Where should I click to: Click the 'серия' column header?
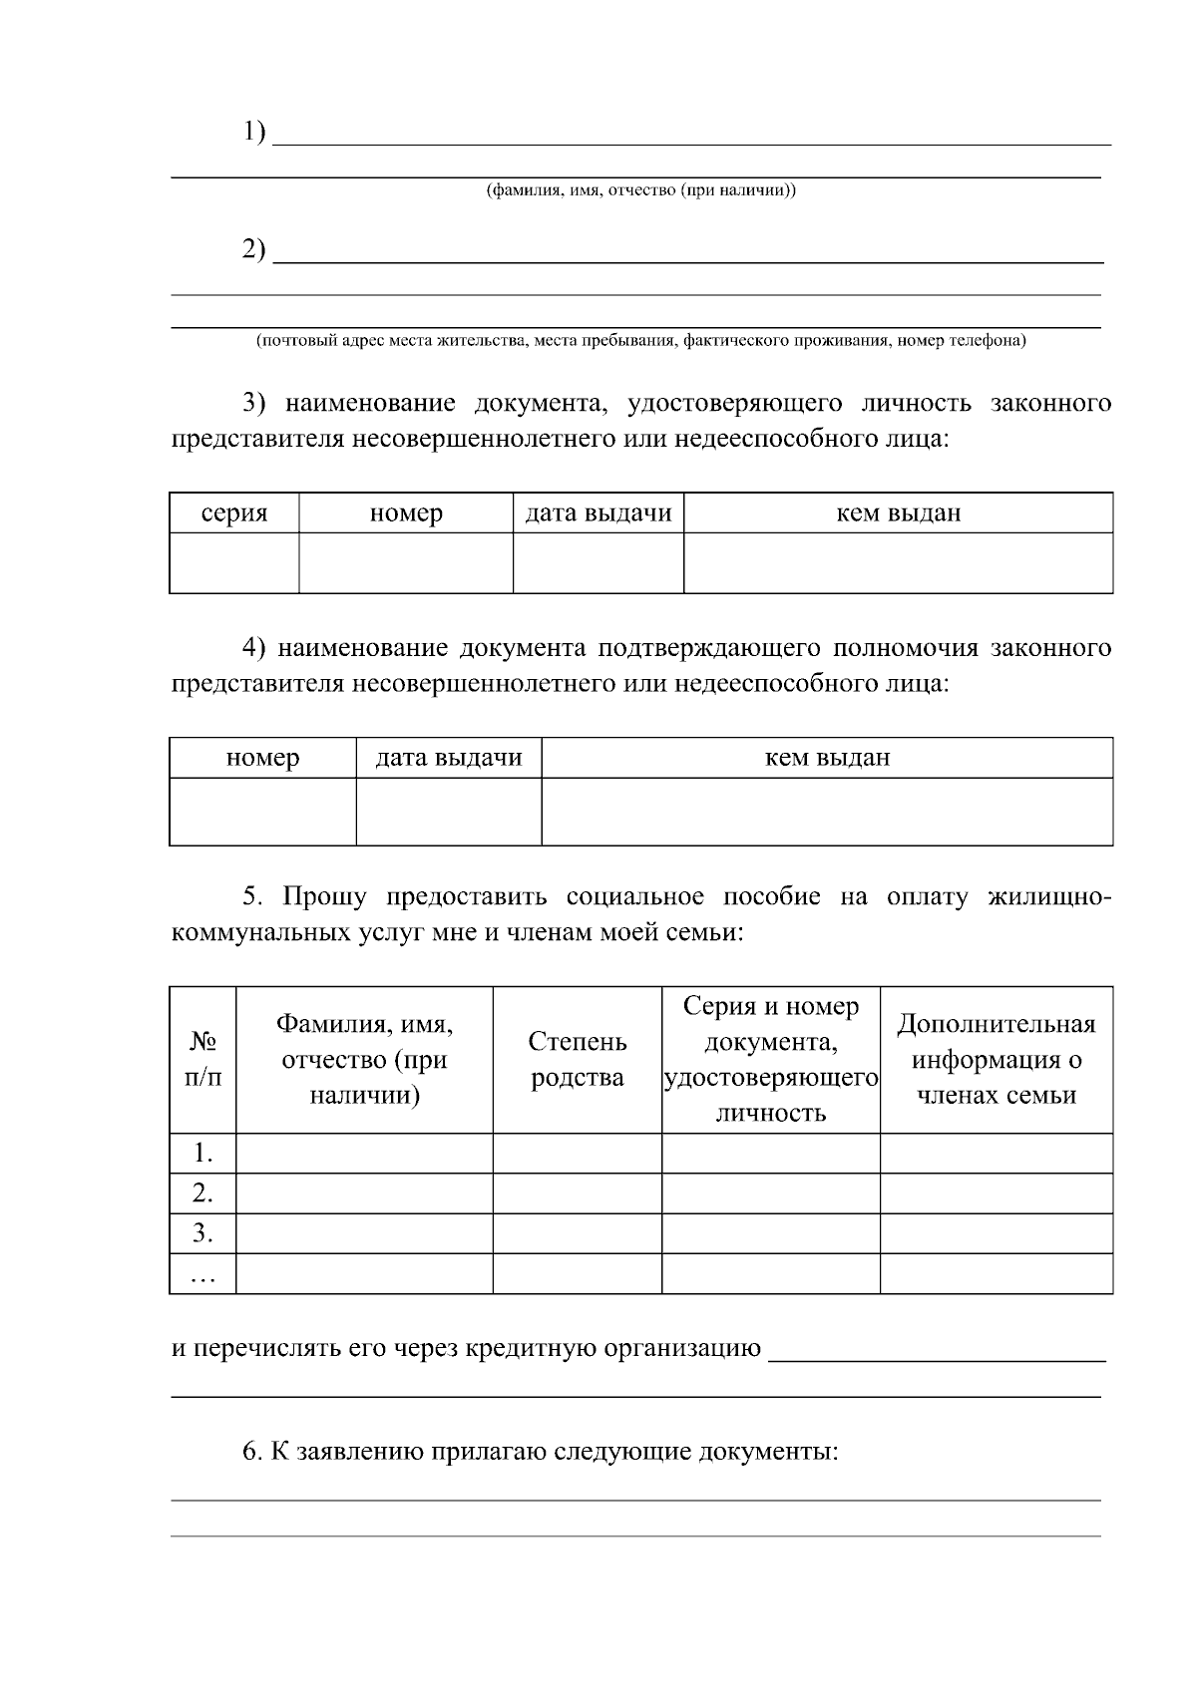point(234,513)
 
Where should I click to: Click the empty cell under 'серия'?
point(234,563)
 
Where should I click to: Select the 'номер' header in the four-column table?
point(406,513)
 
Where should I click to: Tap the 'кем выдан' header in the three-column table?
point(827,758)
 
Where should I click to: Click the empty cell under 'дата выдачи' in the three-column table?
point(449,812)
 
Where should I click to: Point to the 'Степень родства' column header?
point(578,1060)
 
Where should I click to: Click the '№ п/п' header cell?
point(203,1060)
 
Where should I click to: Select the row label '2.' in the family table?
point(203,1193)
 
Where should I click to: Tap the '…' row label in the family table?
point(203,1274)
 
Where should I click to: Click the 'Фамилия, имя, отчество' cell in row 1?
point(364,1154)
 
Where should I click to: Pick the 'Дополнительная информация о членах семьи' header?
point(997,1060)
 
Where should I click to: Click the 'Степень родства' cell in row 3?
point(578,1233)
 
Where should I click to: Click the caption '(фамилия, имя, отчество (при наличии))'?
point(640,190)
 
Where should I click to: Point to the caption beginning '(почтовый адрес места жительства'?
point(640,341)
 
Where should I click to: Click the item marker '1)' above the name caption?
point(254,132)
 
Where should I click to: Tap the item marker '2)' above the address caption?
point(254,249)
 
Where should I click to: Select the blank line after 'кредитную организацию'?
point(938,1351)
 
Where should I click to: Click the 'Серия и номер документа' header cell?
point(771,1060)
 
